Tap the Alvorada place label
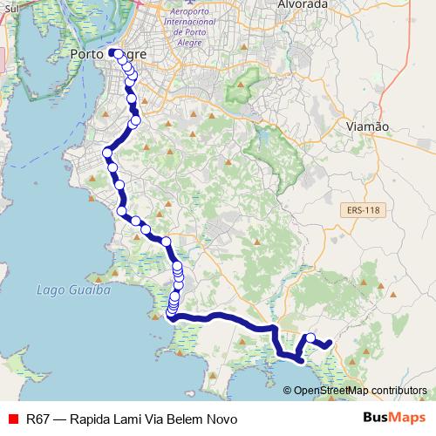(303, 4)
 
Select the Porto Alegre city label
(107, 55)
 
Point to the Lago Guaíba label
(74, 290)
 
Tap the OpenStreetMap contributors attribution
(361, 391)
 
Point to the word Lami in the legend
(130, 419)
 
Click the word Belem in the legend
(190, 419)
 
